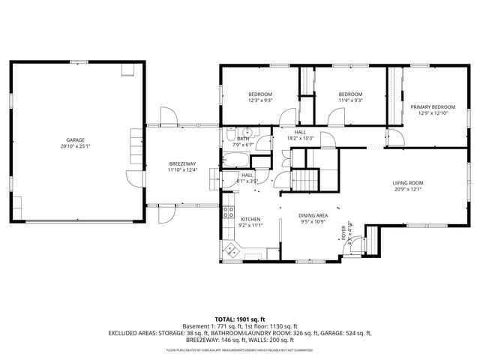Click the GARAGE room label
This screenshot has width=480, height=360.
point(75,139)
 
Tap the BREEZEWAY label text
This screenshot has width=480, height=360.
point(182,163)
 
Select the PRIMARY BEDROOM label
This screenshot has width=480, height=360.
point(433,107)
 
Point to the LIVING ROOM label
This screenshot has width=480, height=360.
point(408,182)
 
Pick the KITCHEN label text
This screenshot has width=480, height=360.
point(250,219)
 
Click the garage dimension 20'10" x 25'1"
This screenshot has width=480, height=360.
point(75,146)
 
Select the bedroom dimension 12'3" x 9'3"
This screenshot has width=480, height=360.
point(260,100)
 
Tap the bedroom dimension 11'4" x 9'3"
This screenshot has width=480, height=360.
point(350,100)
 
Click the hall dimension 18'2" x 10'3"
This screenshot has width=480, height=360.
point(299,138)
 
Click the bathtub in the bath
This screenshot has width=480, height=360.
point(237,160)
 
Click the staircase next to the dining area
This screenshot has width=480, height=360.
point(304,180)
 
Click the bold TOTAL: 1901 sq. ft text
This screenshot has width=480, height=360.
point(239,319)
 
